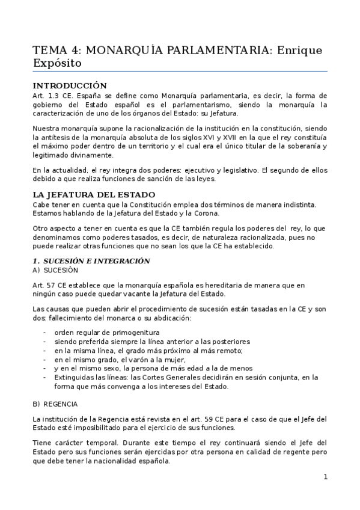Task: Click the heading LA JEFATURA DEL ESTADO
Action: point(93,194)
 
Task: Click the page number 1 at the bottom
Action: point(325,477)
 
